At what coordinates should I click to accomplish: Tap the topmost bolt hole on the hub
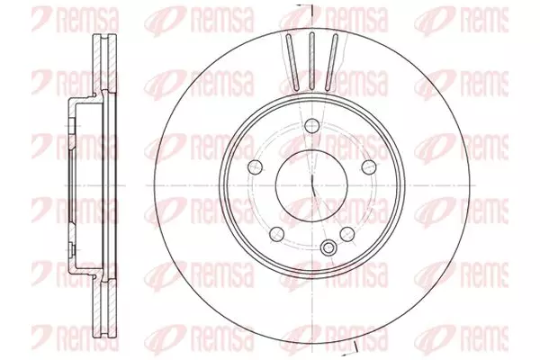coord(311,126)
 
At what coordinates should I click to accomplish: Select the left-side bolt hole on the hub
coord(255,167)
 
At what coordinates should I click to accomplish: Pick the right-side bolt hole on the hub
coord(369,167)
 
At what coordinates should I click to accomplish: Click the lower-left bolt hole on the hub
coord(276,234)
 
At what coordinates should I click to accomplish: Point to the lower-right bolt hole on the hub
coord(346,234)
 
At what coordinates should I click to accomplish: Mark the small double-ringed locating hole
coord(328,247)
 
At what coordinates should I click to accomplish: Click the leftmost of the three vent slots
coord(292,62)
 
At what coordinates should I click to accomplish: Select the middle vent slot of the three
coord(311,61)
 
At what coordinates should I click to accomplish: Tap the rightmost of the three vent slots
coord(332,62)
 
